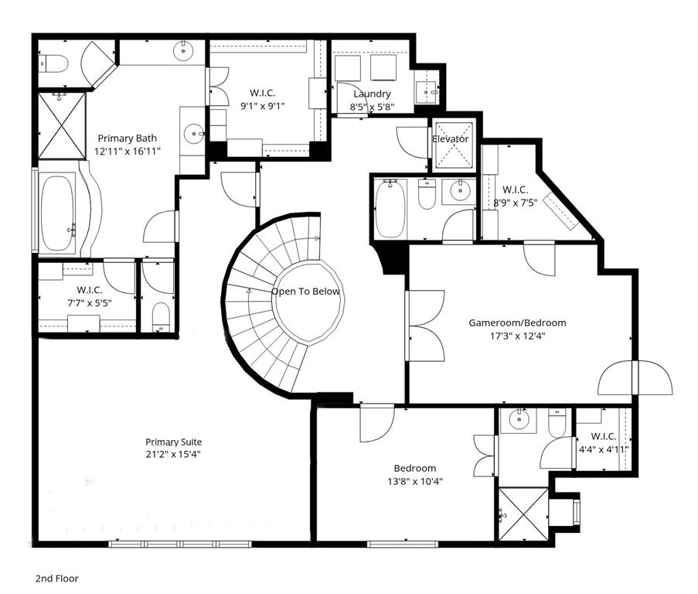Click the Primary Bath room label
click(x=127, y=138)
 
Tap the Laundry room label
click(x=372, y=94)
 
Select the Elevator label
click(x=451, y=139)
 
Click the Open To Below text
click(x=305, y=292)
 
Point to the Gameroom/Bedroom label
click(x=517, y=323)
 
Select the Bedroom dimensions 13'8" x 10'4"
click(x=414, y=481)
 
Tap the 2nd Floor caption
click(x=56, y=578)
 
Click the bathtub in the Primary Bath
click(x=57, y=213)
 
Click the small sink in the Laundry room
click(x=426, y=91)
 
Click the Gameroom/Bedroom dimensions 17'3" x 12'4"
click(x=517, y=336)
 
